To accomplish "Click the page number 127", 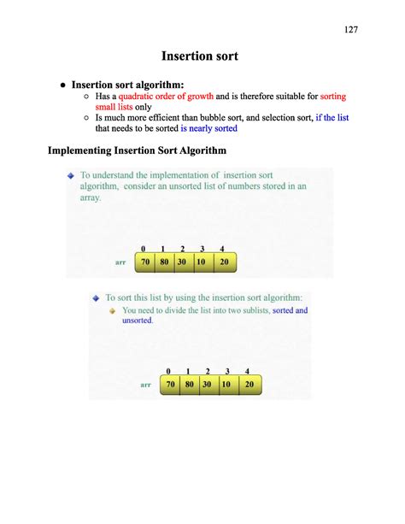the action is pyautogui.click(x=350, y=30).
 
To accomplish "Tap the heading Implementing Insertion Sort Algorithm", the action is pyautogui.click(x=137, y=151).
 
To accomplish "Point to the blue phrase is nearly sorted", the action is pyautogui.click(x=208, y=128).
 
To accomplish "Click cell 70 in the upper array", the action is pyautogui.click(x=145, y=262).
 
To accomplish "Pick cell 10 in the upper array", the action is pyautogui.click(x=202, y=262).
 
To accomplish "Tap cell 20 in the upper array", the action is pyautogui.click(x=223, y=262).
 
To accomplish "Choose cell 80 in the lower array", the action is pyautogui.click(x=189, y=385).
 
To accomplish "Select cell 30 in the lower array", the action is pyautogui.click(x=208, y=385).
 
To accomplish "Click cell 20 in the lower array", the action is pyautogui.click(x=249, y=385).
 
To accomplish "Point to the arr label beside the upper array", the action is pyautogui.click(x=120, y=262).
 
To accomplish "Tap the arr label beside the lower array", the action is pyautogui.click(x=146, y=386).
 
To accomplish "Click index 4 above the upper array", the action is pyautogui.click(x=221, y=249).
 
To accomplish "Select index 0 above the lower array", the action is pyautogui.click(x=168, y=371).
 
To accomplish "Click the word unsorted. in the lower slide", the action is pyautogui.click(x=138, y=321).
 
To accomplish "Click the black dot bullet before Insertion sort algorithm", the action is pyautogui.click(x=62, y=85).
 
